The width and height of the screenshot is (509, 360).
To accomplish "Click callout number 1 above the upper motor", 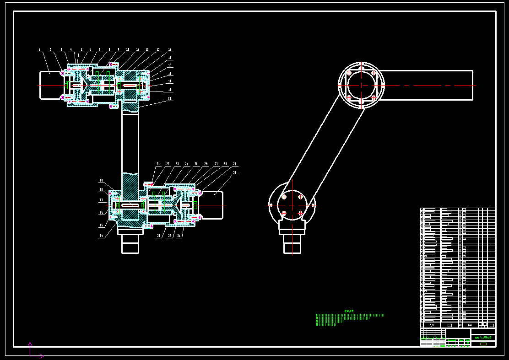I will click(39, 49).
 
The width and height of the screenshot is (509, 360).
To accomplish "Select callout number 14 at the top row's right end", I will click(169, 49).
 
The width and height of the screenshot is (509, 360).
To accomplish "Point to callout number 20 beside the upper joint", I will click(169, 98).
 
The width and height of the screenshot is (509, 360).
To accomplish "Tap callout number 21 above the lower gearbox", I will click(158, 164).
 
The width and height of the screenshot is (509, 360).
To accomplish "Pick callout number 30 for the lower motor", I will click(234, 173).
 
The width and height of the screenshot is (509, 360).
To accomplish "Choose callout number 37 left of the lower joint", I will click(101, 200).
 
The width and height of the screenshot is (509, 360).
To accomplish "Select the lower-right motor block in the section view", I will click(212, 205).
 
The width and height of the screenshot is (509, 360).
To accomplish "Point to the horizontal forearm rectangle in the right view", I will click(426, 85).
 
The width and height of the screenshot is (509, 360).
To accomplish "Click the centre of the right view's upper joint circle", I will click(361, 85).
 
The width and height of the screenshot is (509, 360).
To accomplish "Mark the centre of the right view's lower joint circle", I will click(292, 205).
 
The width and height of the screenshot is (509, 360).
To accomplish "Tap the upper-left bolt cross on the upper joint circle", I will click(349, 73).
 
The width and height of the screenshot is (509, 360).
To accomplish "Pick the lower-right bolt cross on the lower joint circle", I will click(301, 213).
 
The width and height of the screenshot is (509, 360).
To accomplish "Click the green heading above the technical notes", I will click(349, 311).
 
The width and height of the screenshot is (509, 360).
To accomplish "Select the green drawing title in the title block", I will click(483, 338).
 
